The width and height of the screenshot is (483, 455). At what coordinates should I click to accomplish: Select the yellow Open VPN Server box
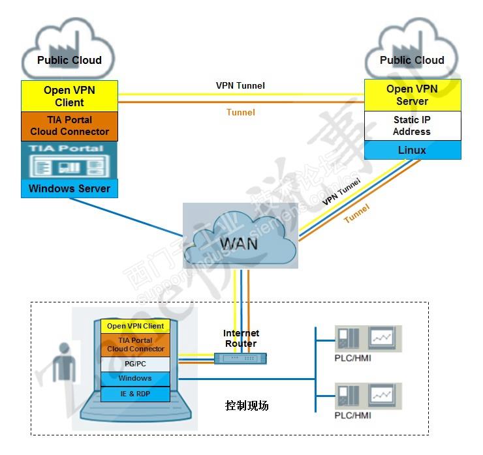(x=412, y=95)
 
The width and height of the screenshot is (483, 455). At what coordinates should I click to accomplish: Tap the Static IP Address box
(x=412, y=126)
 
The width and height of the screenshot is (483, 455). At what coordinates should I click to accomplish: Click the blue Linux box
(x=412, y=151)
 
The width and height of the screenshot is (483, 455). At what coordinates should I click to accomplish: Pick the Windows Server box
(x=69, y=189)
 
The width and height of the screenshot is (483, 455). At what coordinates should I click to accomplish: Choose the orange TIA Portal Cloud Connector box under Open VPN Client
(x=69, y=126)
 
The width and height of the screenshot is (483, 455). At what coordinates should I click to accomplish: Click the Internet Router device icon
(x=240, y=358)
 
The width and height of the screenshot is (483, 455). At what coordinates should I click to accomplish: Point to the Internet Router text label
(x=241, y=338)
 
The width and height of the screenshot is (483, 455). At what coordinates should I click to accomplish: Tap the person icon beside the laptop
(x=63, y=361)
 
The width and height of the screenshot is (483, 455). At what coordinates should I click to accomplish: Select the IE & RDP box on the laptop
(x=135, y=394)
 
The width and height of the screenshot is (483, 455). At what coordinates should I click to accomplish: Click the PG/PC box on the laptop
(x=135, y=364)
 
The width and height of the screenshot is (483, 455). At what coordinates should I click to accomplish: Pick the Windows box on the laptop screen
(x=135, y=379)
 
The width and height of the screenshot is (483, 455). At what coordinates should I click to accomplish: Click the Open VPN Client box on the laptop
(x=135, y=326)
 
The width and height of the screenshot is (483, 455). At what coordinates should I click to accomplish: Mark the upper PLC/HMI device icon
(x=367, y=338)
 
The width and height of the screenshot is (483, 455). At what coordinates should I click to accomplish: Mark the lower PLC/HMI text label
(x=352, y=415)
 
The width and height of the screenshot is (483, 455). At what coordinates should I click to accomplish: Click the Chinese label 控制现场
(x=246, y=405)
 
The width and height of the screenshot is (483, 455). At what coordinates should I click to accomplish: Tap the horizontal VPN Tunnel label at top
(x=240, y=85)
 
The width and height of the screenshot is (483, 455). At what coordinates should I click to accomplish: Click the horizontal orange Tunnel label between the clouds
(x=240, y=112)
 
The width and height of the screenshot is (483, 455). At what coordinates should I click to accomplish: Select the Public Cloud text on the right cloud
(x=412, y=61)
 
